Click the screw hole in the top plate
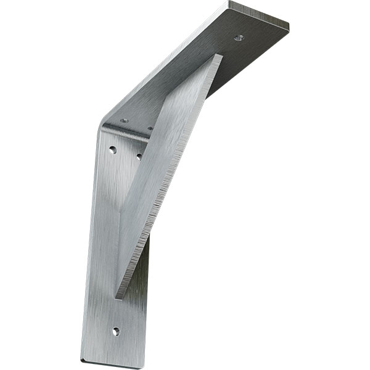coord(239,38)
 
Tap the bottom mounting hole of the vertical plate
coord(115,331)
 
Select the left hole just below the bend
coord(113,149)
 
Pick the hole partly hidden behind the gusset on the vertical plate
coord(139,156)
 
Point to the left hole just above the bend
coord(125,120)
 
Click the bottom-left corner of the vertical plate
coord(81,360)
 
